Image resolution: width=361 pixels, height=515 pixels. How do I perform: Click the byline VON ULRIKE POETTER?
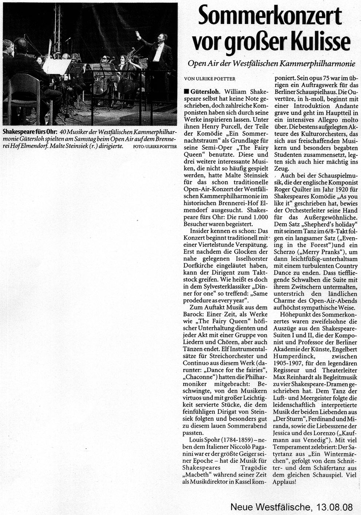coord(210,79)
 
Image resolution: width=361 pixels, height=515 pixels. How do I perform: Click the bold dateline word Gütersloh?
coord(206,92)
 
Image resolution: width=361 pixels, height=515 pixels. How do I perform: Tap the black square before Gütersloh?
coord(186,92)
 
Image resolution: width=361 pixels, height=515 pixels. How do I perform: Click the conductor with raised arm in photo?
coord(159,47)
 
